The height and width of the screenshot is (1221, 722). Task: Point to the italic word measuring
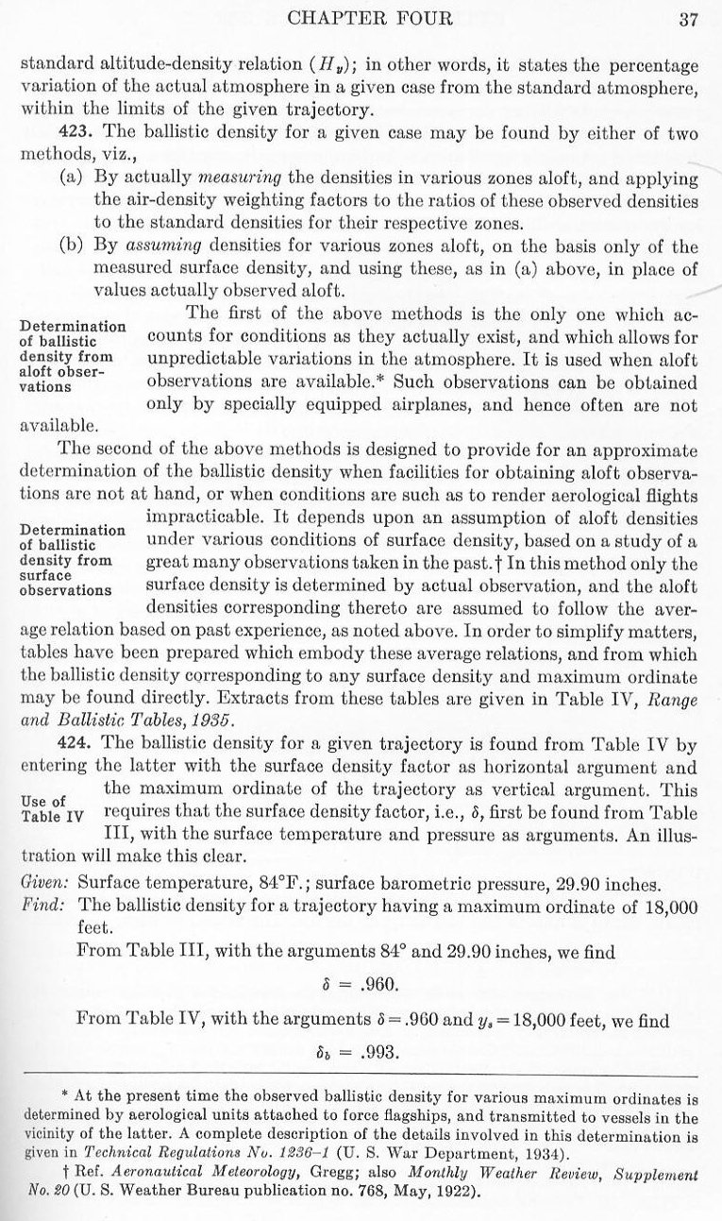[x=236, y=178]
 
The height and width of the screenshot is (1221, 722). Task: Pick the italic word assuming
[x=241, y=247]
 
